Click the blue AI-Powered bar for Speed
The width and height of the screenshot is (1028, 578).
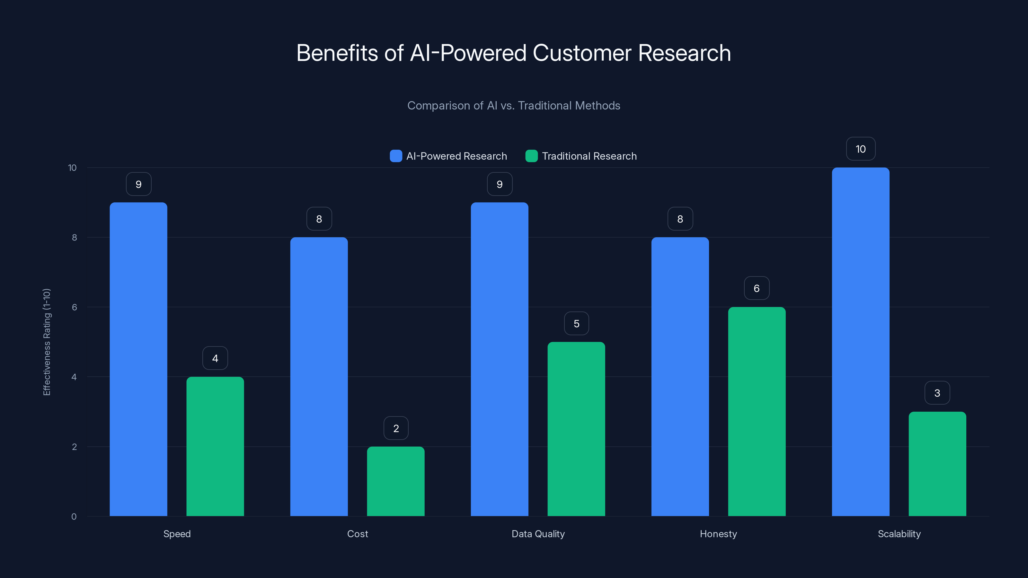(x=138, y=359)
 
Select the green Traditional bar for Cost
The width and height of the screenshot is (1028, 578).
(x=395, y=481)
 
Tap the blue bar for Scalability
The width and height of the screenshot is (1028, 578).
(x=860, y=342)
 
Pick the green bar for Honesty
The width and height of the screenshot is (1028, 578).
(x=757, y=411)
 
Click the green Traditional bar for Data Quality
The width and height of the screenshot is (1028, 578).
(x=576, y=429)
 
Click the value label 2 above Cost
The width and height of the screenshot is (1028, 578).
(x=396, y=428)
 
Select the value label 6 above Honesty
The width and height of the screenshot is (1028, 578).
(x=757, y=288)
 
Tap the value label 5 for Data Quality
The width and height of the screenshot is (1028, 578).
(x=576, y=323)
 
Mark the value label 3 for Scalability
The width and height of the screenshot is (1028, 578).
(x=937, y=393)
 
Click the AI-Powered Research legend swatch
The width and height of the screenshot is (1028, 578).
(x=396, y=156)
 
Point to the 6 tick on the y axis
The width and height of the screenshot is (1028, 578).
(x=74, y=307)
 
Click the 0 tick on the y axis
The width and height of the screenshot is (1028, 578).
(x=74, y=517)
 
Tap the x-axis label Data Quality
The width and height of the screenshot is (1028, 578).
(x=538, y=534)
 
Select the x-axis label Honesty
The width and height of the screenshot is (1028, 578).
(x=718, y=534)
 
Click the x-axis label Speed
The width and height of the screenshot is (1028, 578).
(x=177, y=534)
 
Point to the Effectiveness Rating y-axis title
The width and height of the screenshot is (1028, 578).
(x=47, y=342)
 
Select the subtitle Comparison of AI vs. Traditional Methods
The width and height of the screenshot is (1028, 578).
(x=514, y=106)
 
